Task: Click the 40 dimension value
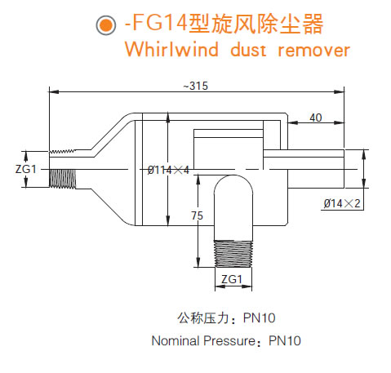316,118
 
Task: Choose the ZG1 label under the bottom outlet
232,280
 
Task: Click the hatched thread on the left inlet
62,177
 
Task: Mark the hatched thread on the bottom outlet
232,251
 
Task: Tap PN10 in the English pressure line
285,340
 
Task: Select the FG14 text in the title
153,24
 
